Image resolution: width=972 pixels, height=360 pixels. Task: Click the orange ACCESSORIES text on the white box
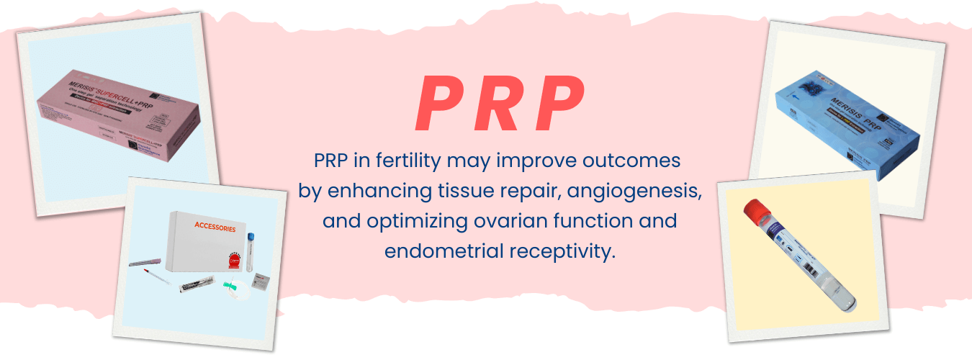coord(214,227)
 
